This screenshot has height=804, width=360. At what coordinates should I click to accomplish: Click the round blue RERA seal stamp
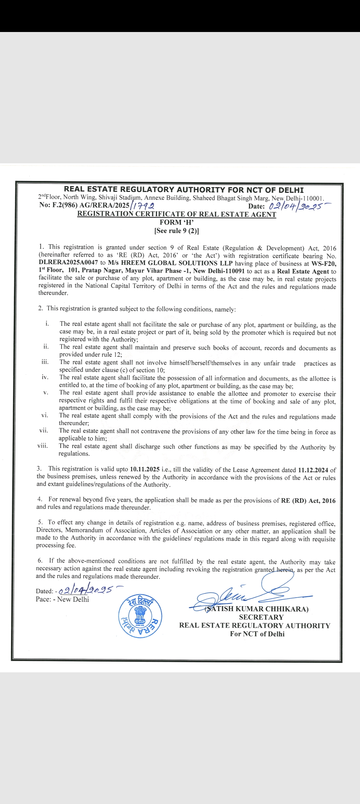140,616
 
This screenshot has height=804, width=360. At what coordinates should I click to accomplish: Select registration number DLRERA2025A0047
68,263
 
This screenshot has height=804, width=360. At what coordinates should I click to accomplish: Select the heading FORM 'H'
177,222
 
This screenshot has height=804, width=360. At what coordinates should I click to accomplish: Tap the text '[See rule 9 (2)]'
177,231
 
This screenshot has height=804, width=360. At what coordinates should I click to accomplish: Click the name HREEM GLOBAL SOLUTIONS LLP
177,263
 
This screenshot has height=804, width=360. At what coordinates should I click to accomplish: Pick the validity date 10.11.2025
145,469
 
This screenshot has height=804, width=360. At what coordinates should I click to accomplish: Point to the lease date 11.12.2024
313,470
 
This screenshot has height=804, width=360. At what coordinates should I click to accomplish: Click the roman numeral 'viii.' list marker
43,446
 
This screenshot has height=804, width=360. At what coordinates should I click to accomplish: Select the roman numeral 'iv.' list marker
45,377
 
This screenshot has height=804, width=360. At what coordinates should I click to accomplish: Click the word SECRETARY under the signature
261,617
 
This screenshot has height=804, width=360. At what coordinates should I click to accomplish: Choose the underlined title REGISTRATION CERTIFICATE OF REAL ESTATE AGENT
177,214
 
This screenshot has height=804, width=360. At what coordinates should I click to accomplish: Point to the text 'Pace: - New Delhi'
62,599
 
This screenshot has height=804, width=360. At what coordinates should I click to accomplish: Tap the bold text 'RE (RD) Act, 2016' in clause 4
308,501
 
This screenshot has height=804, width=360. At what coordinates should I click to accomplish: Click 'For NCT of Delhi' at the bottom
257,634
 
